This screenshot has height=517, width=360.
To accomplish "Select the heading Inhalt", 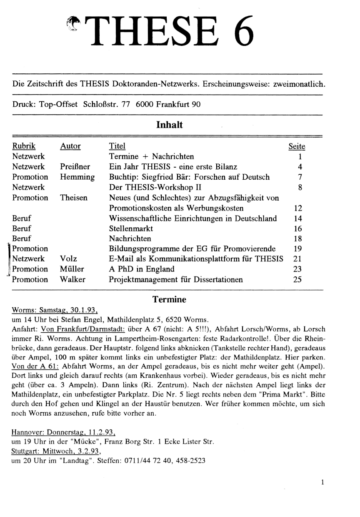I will pos(169,125).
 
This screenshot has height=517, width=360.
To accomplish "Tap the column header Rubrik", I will pos(24,146).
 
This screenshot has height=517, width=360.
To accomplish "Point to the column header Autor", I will pos(70,146).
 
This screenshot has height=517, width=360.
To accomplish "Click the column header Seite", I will pos(297,146).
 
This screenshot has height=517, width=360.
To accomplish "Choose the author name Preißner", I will pos(75,167).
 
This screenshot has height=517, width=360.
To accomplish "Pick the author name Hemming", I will pos(77,177).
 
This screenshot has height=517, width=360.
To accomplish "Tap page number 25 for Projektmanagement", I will pos(297,280).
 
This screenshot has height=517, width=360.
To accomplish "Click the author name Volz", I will pos(69,259).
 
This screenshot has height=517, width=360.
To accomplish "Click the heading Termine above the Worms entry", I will pos(169,299).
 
